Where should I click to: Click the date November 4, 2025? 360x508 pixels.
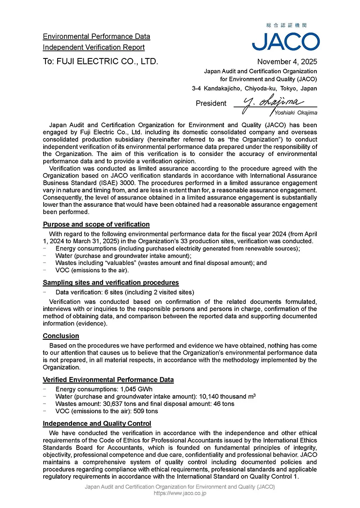point(287,62)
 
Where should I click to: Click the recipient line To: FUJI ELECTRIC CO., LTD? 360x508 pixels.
point(100,62)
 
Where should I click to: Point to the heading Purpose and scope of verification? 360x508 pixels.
point(96,224)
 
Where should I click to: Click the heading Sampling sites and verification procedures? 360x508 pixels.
point(111,282)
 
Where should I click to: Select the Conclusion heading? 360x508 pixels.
point(61,336)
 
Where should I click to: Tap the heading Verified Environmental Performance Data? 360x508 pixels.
point(108,380)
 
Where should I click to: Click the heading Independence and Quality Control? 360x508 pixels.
point(97,423)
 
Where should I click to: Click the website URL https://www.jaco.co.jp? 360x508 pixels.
point(180,493)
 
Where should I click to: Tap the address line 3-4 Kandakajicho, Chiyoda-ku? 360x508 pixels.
point(254,89)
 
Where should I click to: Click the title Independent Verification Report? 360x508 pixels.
point(94,47)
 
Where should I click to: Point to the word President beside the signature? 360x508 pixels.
point(211,103)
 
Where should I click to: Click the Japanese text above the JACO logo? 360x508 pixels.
point(286,26)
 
